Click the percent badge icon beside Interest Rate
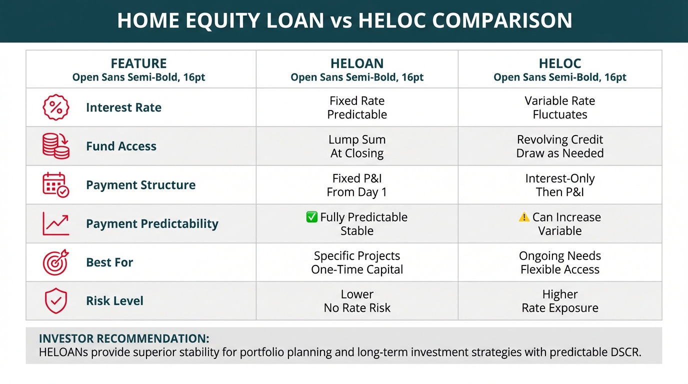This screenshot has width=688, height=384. click(56, 107)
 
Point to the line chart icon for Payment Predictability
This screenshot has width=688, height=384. click(56, 223)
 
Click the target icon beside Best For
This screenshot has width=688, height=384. click(56, 262)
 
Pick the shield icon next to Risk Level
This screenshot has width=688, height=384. click(56, 300)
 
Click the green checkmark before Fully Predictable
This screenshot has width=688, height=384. click(312, 217)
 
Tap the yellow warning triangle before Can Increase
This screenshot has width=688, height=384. click(524, 217)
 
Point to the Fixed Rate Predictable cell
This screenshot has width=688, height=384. click(357, 107)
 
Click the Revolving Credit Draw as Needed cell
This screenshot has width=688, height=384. click(559, 146)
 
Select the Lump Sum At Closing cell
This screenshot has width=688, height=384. click(357, 146)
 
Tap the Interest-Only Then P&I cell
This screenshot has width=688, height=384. click(559, 185)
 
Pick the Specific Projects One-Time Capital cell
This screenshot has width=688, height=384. click(357, 262)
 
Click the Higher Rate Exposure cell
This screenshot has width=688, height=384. click(559, 301)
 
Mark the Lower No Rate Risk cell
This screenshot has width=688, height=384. click(357, 301)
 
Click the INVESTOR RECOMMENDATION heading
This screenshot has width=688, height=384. click(124, 338)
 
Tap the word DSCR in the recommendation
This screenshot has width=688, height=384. click(625, 352)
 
